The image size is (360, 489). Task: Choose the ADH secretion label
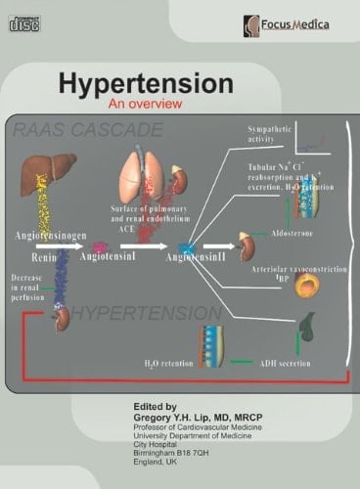tap(279, 363)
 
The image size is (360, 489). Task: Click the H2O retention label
tap(170, 363)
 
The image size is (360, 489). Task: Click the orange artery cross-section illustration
tap(307, 285)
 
